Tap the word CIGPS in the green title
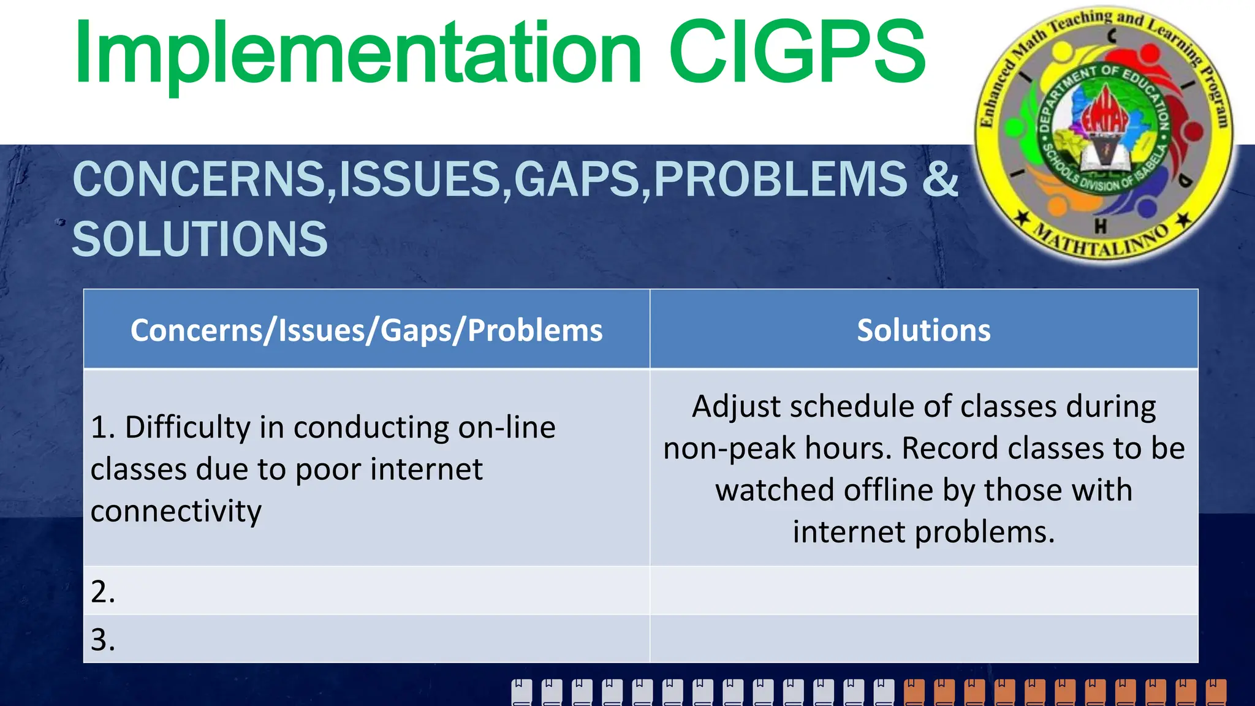pyautogui.click(x=797, y=54)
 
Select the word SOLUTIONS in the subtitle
pyautogui.click(x=200, y=239)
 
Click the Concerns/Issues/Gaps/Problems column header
pyautogui.click(x=366, y=330)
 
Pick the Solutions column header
pyautogui.click(x=923, y=330)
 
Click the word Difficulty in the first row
pyautogui.click(x=188, y=427)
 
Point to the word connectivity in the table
pyautogui.click(x=176, y=511)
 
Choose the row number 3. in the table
pyautogui.click(x=102, y=640)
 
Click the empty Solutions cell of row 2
pyautogui.click(x=923, y=591)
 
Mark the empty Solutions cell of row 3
pyautogui.click(x=923, y=639)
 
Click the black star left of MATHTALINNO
pyautogui.click(x=1022, y=217)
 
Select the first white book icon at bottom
pyautogui.click(x=521, y=692)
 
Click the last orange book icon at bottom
pyautogui.click(x=1216, y=692)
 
